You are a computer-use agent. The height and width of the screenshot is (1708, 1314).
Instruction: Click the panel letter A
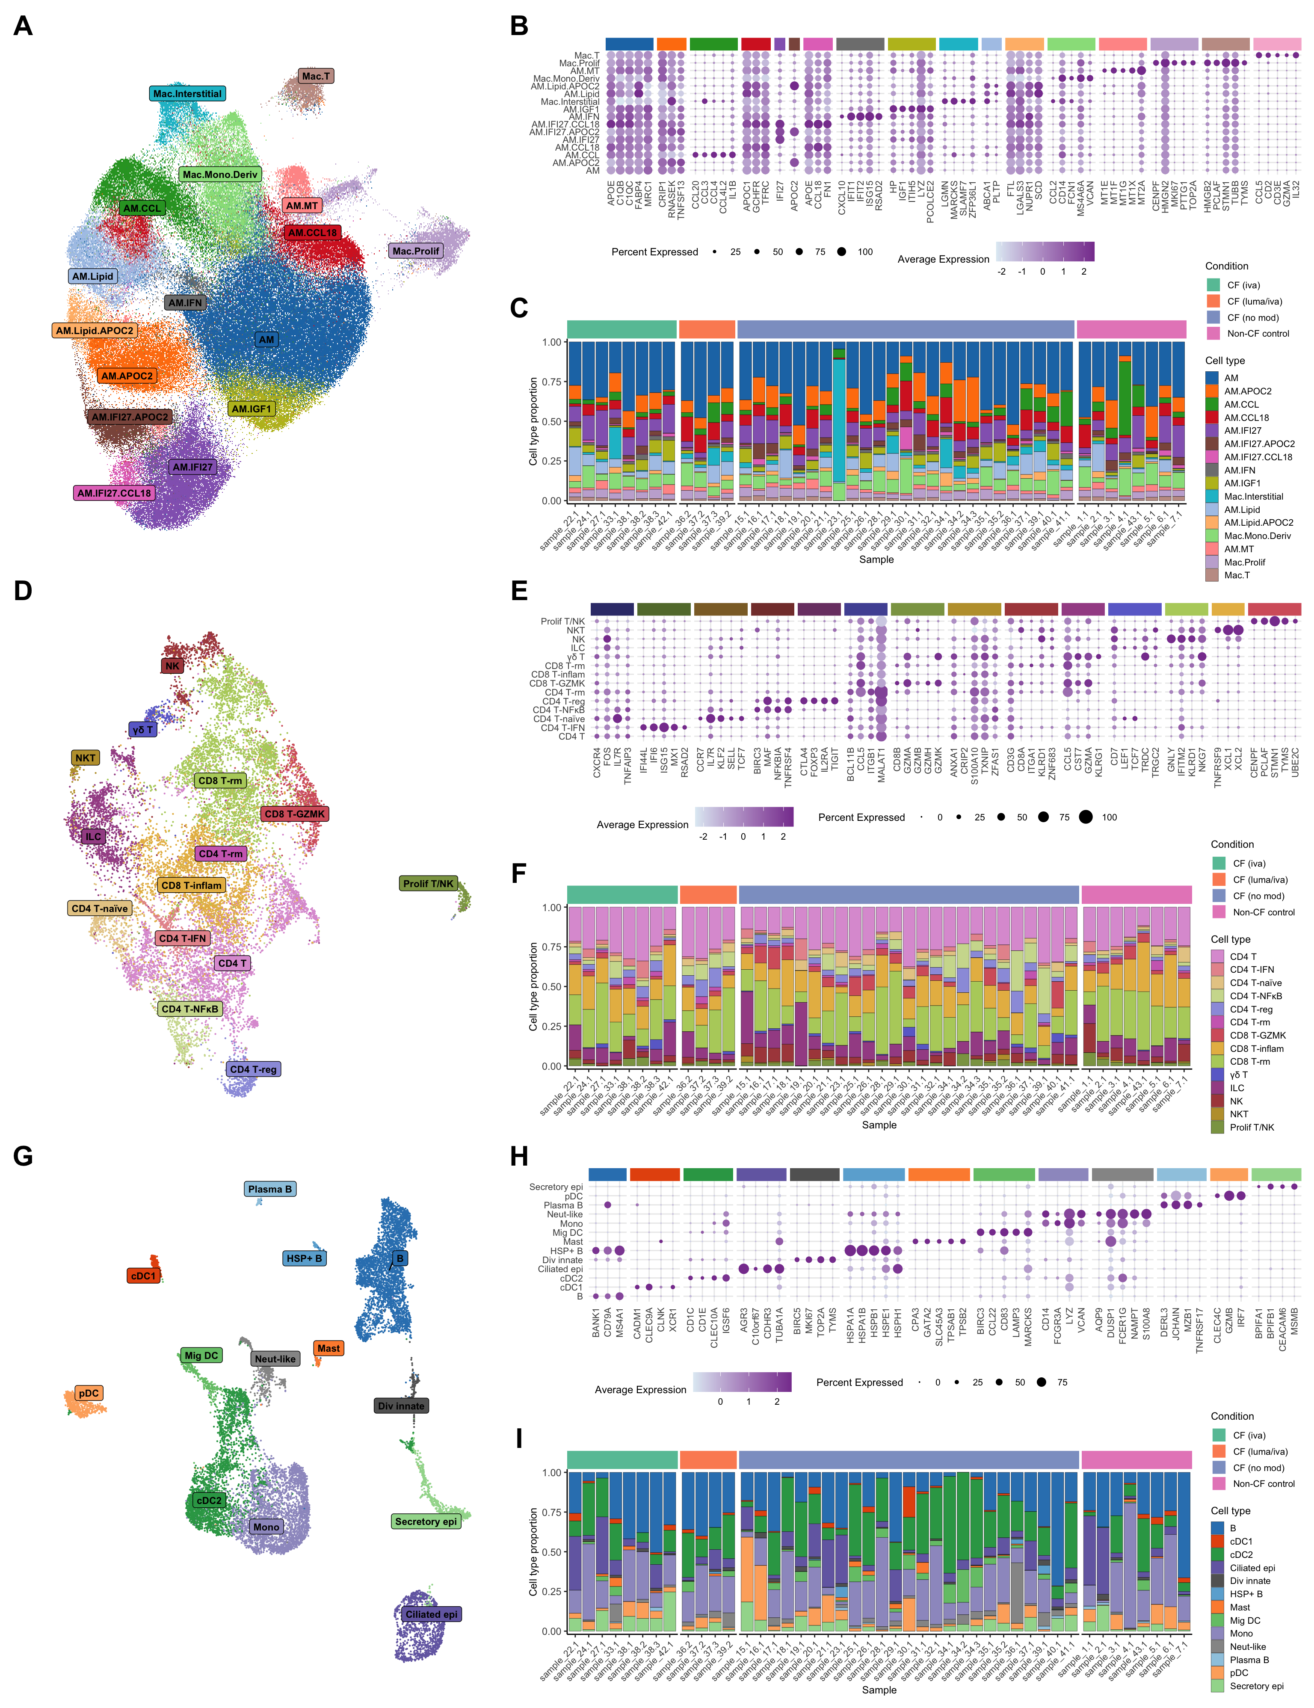pos(24,27)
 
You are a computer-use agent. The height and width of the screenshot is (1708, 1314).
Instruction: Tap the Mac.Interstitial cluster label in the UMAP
pos(187,94)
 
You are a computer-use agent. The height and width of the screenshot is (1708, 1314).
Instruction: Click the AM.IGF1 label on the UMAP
pos(251,409)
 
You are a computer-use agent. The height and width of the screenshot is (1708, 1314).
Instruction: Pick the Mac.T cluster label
pos(316,76)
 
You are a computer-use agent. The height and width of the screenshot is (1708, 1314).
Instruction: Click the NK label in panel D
pos(172,666)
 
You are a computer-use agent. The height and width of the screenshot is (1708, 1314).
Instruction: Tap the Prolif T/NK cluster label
pos(428,884)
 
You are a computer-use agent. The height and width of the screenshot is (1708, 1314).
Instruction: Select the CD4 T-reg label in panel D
pos(253,1069)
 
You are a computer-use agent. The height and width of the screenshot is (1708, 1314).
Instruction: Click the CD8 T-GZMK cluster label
pos(294,814)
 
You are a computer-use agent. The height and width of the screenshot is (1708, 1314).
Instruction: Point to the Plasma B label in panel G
pos(270,1190)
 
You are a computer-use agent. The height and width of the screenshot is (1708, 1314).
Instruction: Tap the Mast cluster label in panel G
pos(328,1348)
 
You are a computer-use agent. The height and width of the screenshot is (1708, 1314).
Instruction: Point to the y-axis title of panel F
pos(533,987)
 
